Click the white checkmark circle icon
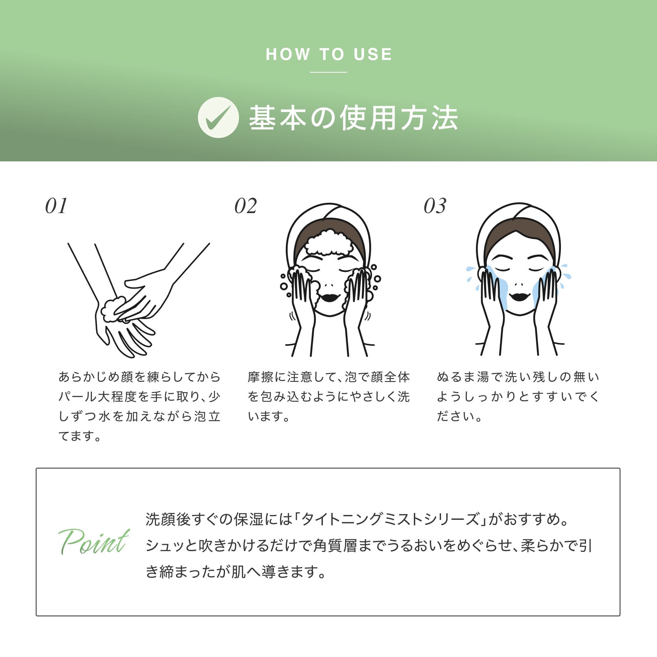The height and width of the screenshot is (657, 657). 218,117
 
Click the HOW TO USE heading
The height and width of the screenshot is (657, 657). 329,54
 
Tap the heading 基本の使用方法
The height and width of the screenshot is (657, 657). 353,118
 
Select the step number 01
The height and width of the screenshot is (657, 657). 56,206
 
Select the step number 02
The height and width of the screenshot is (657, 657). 246,206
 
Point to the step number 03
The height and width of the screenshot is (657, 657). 435,206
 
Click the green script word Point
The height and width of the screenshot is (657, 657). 94,541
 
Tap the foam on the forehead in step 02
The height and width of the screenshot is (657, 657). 329,243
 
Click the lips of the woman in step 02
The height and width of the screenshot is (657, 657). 329,296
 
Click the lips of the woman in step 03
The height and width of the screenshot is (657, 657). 519,296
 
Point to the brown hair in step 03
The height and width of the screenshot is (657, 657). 519,238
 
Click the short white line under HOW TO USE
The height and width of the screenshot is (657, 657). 328,72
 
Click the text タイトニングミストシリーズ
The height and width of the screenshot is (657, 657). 390,519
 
